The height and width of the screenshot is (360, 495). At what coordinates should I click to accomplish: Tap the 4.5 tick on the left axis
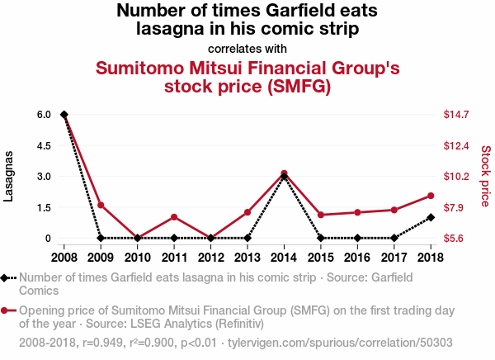[x=44, y=145]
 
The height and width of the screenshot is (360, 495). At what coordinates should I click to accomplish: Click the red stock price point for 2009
[x=101, y=205]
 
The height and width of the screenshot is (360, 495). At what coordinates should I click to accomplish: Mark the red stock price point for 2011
[x=174, y=217]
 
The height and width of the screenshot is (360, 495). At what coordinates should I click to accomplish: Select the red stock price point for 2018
[x=431, y=196]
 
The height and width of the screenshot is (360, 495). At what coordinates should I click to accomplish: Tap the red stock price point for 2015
[x=321, y=215]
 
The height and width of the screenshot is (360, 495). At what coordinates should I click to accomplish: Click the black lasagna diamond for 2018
[x=431, y=217]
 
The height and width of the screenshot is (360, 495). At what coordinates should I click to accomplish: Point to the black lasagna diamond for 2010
[x=137, y=238]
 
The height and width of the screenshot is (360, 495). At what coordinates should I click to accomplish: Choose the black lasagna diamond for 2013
[x=247, y=238]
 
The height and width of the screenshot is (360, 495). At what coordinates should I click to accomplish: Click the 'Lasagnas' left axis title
[x=9, y=177]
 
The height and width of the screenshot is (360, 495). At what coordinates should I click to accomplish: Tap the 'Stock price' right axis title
[x=486, y=176]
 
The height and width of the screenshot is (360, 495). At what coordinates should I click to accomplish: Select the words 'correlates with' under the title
[x=247, y=48]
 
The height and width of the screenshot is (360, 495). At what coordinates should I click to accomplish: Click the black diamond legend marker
[x=8, y=278]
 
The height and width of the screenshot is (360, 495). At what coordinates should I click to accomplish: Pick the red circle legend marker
[x=8, y=311]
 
